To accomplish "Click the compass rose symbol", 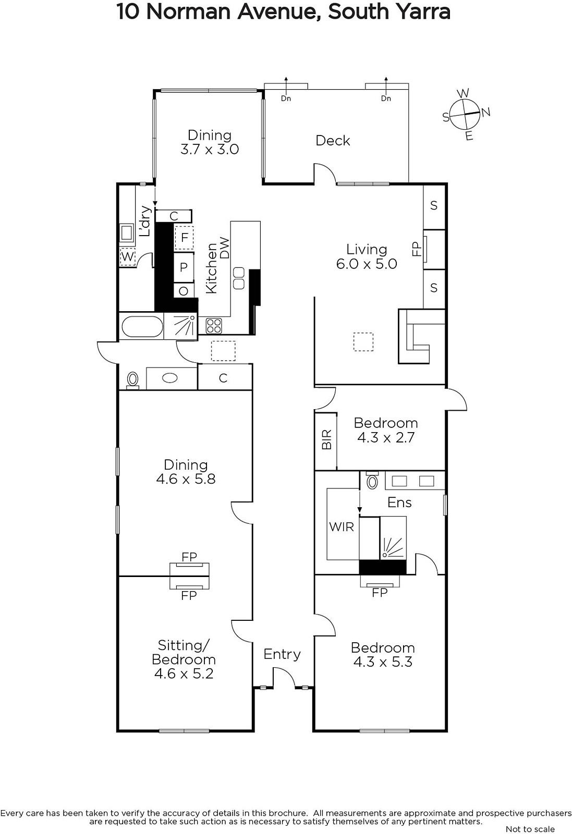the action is [x=465, y=114].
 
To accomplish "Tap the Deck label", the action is [x=333, y=141].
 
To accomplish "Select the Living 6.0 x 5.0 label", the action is [x=367, y=256].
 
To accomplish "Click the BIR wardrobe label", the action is [x=326, y=440].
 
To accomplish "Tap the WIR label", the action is [x=341, y=527].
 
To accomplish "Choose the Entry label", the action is [x=282, y=654].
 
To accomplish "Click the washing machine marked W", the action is [x=127, y=256].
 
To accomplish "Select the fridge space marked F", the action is [x=184, y=238].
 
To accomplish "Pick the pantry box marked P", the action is [x=184, y=267].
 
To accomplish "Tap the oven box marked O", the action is [x=184, y=290].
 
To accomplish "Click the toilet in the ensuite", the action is [x=372, y=481].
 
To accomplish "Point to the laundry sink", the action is [x=127, y=233].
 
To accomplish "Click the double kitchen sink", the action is [x=238, y=278].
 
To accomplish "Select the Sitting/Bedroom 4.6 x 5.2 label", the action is [x=184, y=659].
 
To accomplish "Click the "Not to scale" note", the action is [x=530, y=829].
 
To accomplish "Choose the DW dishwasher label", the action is [x=225, y=248].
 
